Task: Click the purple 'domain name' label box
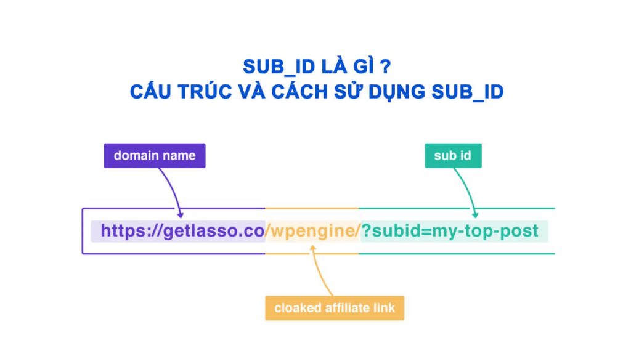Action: click(154, 156)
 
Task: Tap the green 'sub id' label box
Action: click(453, 156)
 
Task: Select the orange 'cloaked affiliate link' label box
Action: click(335, 307)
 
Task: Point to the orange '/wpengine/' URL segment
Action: click(312, 231)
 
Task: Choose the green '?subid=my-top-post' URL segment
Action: click(450, 231)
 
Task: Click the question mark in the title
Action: click(385, 67)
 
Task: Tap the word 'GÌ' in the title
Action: click(362, 67)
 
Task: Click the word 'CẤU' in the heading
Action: click(151, 92)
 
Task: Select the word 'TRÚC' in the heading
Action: click(206, 92)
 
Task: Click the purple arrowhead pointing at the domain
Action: click(181, 214)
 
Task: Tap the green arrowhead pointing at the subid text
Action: click(475, 214)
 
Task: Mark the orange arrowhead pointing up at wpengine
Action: click(313, 246)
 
